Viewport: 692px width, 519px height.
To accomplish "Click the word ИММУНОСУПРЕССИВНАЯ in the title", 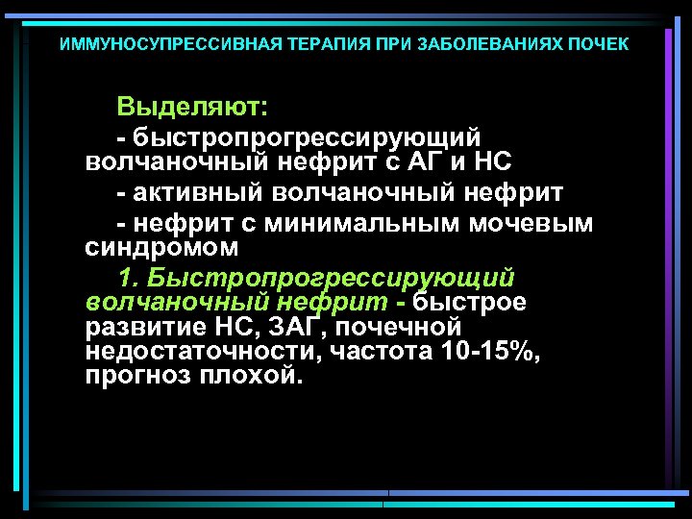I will (158, 45).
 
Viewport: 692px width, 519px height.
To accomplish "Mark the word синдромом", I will (161, 248).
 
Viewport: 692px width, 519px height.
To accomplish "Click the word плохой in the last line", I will (250, 376).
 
